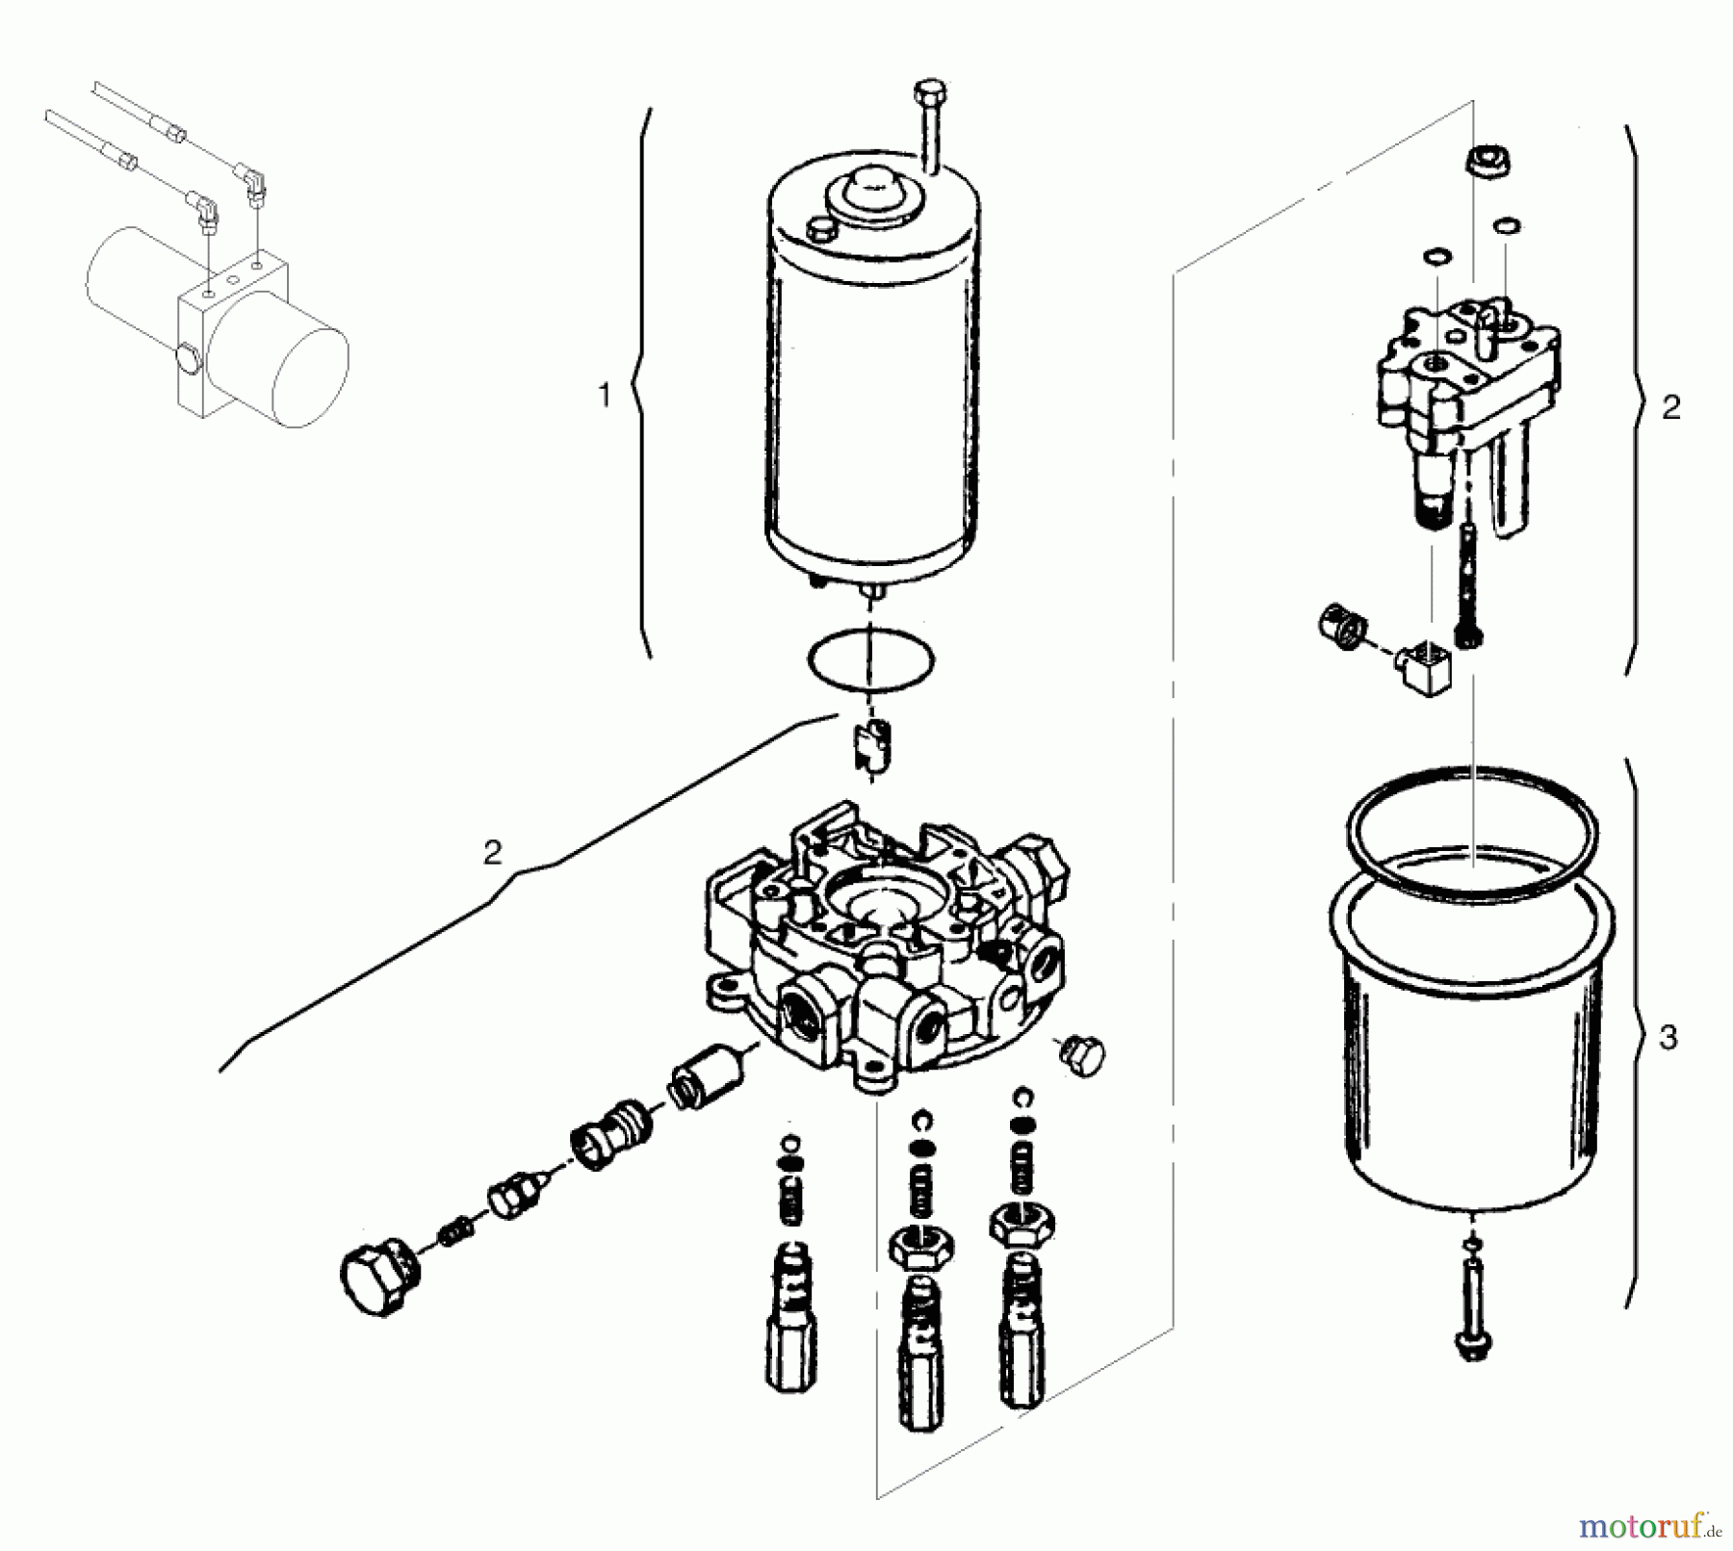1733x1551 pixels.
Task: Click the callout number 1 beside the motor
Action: tap(605, 396)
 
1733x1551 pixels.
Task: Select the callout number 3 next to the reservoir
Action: tap(1668, 1037)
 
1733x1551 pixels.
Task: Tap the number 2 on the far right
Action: tap(1671, 407)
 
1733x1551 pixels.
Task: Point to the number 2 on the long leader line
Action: tap(492, 852)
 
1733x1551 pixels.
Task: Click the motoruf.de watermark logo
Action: tap(1647, 1524)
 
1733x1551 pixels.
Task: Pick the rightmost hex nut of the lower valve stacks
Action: tap(1021, 1224)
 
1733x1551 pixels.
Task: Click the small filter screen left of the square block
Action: tap(1341, 627)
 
